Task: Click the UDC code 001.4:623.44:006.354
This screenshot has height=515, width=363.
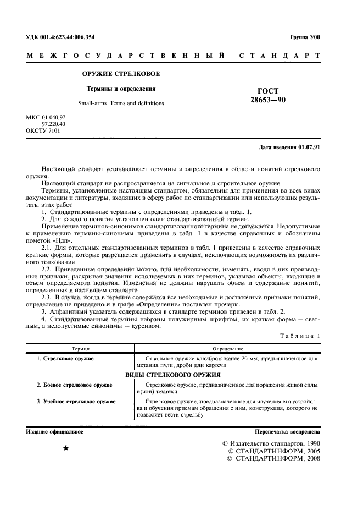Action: [x=60, y=37]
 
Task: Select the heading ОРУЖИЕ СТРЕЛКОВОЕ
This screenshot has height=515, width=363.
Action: [x=121, y=74]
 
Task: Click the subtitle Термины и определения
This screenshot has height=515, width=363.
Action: [x=121, y=88]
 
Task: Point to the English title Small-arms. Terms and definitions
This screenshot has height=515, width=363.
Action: [x=121, y=103]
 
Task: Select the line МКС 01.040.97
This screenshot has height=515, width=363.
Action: [x=46, y=118]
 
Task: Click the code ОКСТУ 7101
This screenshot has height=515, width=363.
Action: [x=44, y=132]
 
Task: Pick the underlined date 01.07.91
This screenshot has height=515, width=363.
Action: [x=309, y=147]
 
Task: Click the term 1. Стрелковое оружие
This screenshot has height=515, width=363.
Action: [x=65, y=359]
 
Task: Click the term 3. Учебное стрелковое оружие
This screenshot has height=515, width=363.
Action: [x=76, y=402]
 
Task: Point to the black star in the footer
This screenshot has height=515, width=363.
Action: [x=66, y=449]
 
